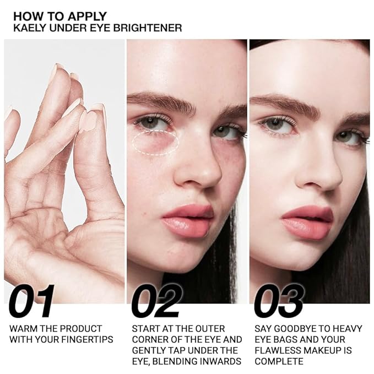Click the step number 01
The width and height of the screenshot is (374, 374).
31,301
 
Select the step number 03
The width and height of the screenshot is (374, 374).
279,301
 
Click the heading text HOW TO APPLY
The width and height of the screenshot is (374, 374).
60,17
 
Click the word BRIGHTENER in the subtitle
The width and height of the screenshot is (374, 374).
150,28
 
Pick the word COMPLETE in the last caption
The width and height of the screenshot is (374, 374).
279,361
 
